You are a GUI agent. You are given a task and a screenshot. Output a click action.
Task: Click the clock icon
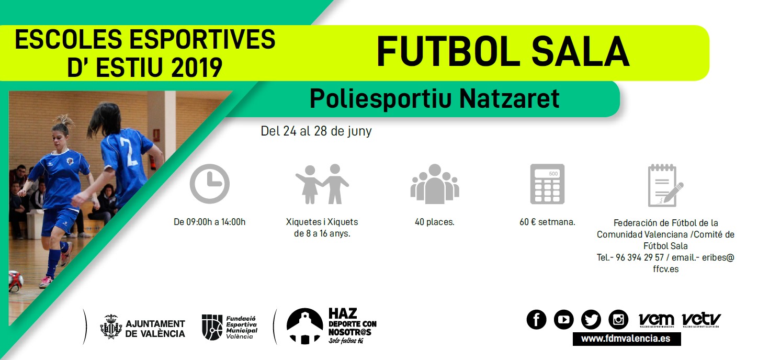coord(209,184)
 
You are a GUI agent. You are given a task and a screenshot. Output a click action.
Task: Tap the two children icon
coord(322,184)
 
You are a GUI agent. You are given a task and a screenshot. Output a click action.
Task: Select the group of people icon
coord(435,184)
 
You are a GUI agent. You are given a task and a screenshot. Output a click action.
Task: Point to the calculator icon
coord(547,184)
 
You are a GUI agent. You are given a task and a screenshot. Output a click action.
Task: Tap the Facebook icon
coord(536,319)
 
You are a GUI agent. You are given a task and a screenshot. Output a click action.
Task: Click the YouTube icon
coord(564,319)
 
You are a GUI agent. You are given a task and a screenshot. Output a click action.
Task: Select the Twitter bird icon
coord(591,319)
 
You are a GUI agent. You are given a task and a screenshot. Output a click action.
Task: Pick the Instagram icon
coord(618,319)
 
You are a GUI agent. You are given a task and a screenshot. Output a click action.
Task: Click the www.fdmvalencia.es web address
coord(626,339)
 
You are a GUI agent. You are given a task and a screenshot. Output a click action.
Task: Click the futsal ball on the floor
coord(16,281)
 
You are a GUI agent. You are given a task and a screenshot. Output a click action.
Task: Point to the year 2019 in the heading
coord(197,67)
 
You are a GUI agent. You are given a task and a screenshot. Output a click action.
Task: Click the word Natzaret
coord(510,98)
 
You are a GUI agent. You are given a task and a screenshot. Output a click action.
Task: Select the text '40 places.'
coord(435,222)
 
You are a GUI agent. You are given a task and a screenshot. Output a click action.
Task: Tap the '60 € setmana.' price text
coord(547,222)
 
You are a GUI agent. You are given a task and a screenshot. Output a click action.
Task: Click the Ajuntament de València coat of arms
coord(111,327)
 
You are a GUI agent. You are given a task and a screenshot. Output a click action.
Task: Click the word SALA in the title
coord(580,52)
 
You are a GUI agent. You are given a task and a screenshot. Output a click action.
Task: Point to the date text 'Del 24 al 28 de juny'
coord(316,131)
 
